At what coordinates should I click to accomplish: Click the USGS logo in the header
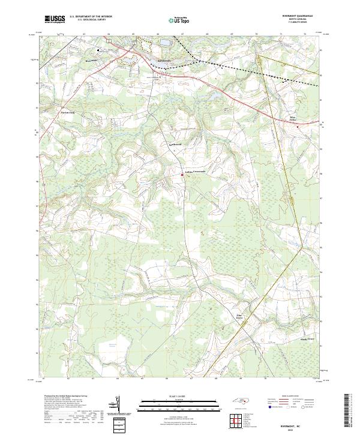coord(54,19)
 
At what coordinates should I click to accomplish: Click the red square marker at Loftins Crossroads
coord(183,175)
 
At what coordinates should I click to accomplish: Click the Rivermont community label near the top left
coord(91,61)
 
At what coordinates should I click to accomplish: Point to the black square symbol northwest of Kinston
coord(100,50)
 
